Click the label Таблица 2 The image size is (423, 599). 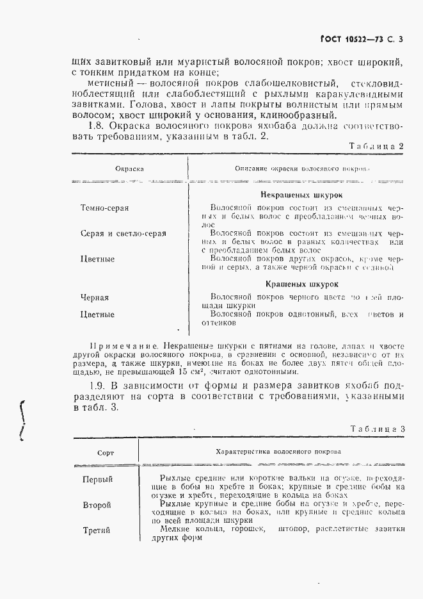click(378, 146)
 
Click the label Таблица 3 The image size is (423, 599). click(378, 429)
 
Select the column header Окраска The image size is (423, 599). click(129, 170)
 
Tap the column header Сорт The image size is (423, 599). click(106, 452)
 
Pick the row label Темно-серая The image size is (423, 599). click(105, 208)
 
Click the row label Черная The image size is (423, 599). click(95, 297)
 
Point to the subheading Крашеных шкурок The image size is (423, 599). click(301, 283)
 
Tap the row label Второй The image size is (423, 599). click(97, 505)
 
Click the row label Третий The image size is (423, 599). click(97, 530)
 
